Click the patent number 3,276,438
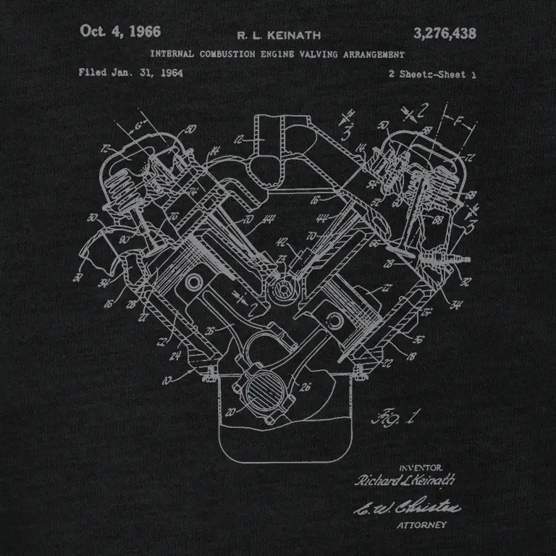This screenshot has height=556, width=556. (x=444, y=32)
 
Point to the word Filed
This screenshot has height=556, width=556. (x=93, y=73)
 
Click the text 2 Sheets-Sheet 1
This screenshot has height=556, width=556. (x=432, y=74)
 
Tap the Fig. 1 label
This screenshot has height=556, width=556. (x=392, y=417)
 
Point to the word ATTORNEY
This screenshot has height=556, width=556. (x=427, y=525)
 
